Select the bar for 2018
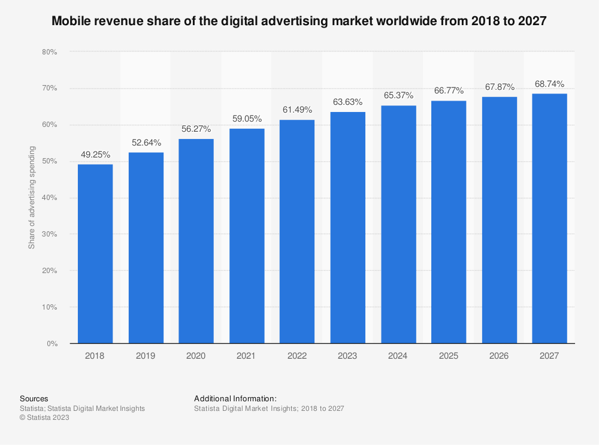(x=95, y=254)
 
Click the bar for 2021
(x=247, y=236)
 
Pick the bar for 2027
(x=549, y=219)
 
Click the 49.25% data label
(x=95, y=155)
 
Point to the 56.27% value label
(x=196, y=129)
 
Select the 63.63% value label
(x=347, y=102)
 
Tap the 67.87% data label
(x=499, y=87)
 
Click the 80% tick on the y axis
(x=49, y=52)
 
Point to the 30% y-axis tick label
(x=49, y=234)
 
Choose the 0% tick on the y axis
(x=52, y=344)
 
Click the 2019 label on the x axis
(x=146, y=356)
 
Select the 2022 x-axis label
(x=297, y=356)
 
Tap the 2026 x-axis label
(x=499, y=356)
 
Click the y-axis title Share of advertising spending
(x=32, y=198)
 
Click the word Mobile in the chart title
(x=71, y=21)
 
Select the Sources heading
(x=34, y=398)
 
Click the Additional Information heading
(x=235, y=398)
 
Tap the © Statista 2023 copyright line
(x=44, y=418)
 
